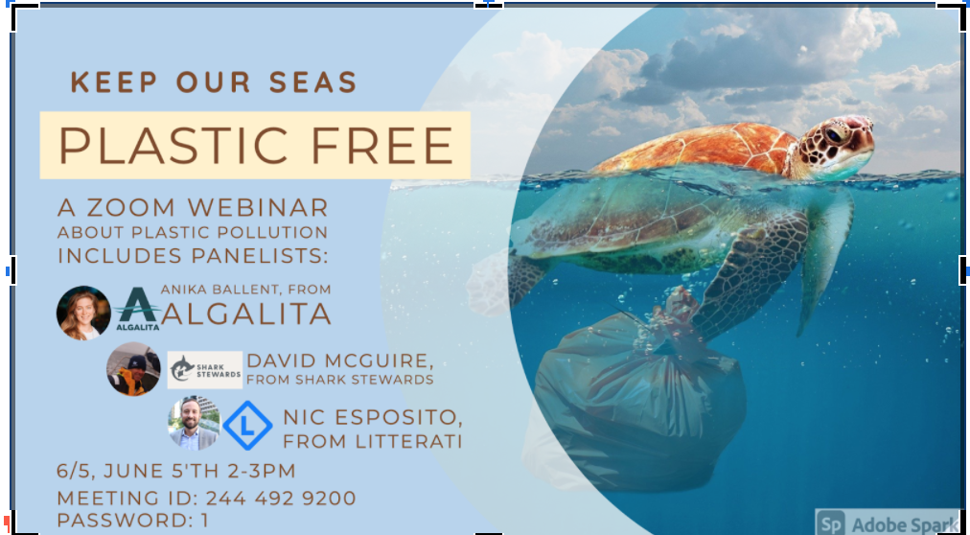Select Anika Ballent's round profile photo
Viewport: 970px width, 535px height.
pos(84,313)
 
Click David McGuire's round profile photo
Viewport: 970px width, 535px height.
pos(133,369)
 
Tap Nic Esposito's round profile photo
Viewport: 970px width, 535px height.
pos(193,422)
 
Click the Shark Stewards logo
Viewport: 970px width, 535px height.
pos(204,369)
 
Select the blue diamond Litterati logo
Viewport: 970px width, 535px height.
pos(247,426)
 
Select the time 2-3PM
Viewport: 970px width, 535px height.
pos(261,471)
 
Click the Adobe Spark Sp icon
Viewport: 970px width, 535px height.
pos(831,523)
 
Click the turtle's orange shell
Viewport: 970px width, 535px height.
pos(700,150)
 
